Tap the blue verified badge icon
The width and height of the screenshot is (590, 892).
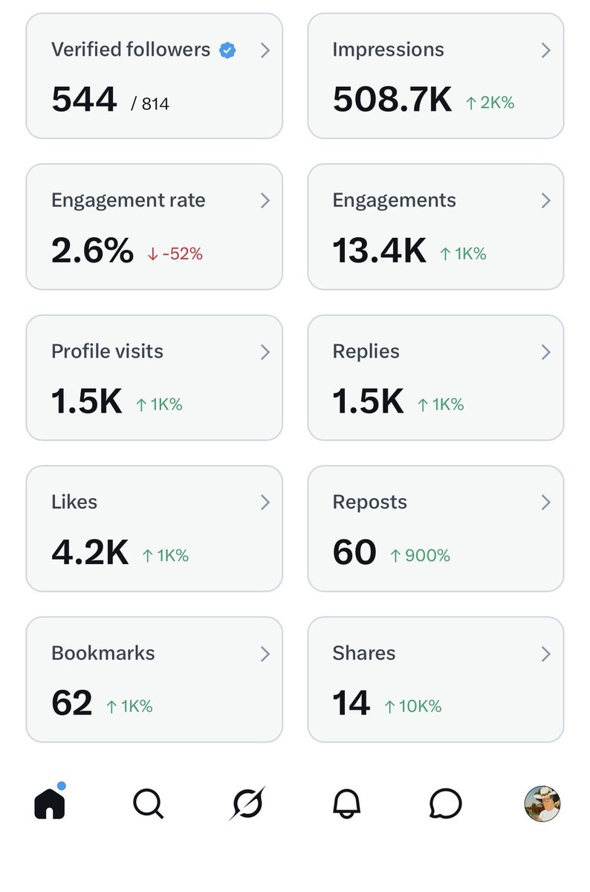tap(227, 51)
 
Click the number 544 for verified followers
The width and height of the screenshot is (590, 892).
tap(84, 100)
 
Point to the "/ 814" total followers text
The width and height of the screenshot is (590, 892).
tap(150, 104)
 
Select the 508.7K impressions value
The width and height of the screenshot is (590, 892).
tap(392, 100)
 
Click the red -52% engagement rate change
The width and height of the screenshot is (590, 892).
tap(175, 253)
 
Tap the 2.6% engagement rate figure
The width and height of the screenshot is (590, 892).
tap(92, 251)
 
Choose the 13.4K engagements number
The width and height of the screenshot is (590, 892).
tap(379, 251)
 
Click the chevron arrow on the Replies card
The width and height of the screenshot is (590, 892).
tap(546, 352)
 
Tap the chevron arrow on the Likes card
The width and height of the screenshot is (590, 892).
tap(265, 502)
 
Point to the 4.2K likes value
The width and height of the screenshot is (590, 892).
tap(89, 553)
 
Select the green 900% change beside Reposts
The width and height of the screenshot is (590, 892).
tap(421, 555)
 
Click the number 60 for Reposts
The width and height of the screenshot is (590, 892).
tap(354, 553)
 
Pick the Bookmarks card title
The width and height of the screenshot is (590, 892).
tap(103, 653)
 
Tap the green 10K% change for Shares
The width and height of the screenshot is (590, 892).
tap(413, 706)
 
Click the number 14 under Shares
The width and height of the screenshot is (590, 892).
tap(351, 704)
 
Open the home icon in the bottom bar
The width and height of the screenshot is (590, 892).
tap(50, 803)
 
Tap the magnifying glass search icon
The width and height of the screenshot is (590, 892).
tap(148, 804)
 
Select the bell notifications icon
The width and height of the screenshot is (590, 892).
tap(346, 804)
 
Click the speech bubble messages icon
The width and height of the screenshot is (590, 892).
tap(445, 804)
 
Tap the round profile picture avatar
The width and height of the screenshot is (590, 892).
tap(542, 804)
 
